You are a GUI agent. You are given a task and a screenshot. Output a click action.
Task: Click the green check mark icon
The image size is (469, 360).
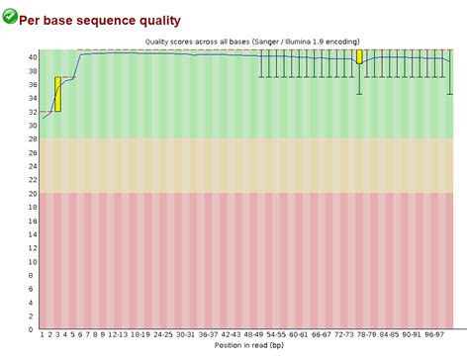point(10,16)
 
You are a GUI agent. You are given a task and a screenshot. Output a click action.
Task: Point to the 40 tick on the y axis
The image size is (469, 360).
point(32,57)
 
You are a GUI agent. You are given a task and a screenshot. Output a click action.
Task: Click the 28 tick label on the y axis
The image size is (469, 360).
point(32,139)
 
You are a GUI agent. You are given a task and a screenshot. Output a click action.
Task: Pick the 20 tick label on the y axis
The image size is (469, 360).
point(32,194)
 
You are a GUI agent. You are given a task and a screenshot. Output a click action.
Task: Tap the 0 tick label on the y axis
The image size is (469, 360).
point(34,329)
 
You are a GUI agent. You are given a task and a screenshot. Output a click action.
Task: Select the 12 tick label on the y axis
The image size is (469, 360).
point(32,248)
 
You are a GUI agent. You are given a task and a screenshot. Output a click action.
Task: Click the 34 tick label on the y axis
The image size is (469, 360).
point(32,99)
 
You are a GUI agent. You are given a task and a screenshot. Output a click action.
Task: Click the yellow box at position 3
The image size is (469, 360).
point(58,94)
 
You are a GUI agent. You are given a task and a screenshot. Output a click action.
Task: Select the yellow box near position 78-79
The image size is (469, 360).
point(359,56)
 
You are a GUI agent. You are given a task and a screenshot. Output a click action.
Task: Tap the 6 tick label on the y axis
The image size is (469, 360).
point(34,289)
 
